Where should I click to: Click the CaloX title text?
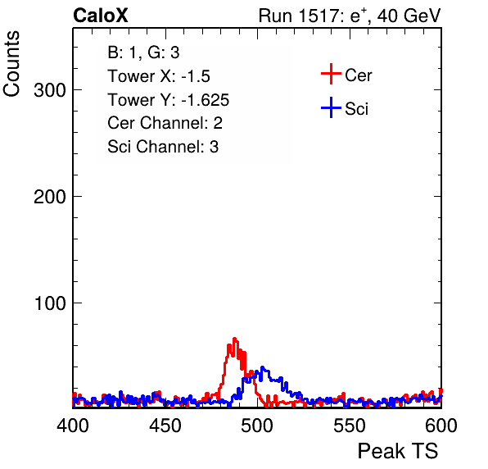pyautogui.click(x=101, y=16)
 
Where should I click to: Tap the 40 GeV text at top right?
pyautogui.click(x=409, y=16)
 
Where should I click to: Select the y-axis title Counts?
pyautogui.click(x=11, y=64)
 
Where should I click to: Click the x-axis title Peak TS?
pyautogui.click(x=398, y=451)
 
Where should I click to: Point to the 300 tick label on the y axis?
pyautogui.click(x=50, y=90)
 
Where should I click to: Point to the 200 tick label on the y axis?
pyautogui.click(x=50, y=197)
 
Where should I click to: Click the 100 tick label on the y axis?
pyautogui.click(x=50, y=303)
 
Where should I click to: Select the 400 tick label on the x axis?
pyautogui.click(x=73, y=426)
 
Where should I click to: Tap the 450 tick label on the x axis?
pyautogui.click(x=165, y=426)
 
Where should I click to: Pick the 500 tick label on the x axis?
pyautogui.click(x=257, y=426)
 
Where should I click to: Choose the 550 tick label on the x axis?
pyautogui.click(x=349, y=426)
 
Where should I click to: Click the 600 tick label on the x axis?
pyautogui.click(x=441, y=426)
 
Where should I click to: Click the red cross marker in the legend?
pyautogui.click(x=331, y=74)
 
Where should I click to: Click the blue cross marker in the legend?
pyautogui.click(x=331, y=108)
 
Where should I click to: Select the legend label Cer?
pyautogui.click(x=358, y=75)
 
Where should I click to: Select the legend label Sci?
pyautogui.click(x=356, y=109)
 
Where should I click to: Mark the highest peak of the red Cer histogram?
pyautogui.click(x=234, y=339)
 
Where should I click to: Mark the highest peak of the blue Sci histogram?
pyautogui.click(x=262, y=367)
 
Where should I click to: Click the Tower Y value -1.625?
pyautogui.click(x=205, y=100)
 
